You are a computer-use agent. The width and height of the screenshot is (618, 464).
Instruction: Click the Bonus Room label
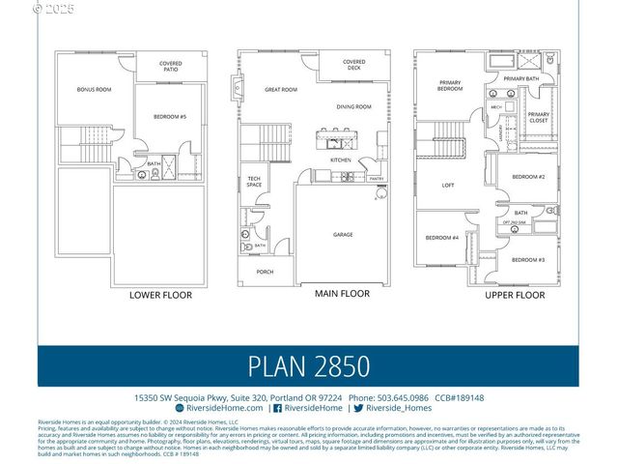click(x=95, y=90)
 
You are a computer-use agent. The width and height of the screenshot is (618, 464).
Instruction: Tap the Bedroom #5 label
click(x=170, y=117)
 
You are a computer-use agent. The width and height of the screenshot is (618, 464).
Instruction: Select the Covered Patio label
click(x=170, y=67)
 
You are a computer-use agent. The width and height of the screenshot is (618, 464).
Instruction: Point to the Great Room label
click(x=280, y=90)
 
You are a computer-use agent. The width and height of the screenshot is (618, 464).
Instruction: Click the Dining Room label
click(x=353, y=106)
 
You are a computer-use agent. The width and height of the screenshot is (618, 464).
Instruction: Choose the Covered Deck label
click(x=354, y=65)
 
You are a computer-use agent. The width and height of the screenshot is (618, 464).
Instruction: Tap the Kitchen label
click(x=341, y=159)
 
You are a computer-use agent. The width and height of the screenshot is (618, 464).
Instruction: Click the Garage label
click(x=343, y=234)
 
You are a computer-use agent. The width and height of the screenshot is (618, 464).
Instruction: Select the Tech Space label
click(x=254, y=181)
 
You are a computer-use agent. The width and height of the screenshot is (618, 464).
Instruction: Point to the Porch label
click(x=265, y=272)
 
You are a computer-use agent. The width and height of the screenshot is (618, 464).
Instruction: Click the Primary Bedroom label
click(x=450, y=85)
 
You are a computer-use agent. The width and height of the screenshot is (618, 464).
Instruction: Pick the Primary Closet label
click(x=538, y=118)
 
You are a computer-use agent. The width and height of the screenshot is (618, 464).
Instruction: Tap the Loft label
click(x=448, y=186)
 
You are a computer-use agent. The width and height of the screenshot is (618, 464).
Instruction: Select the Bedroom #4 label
click(x=441, y=238)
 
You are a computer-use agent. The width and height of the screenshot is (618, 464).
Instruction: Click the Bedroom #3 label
click(x=528, y=260)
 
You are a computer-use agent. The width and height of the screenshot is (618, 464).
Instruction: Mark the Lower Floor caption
click(x=160, y=295)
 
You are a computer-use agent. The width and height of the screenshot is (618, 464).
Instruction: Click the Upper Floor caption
click(x=515, y=295)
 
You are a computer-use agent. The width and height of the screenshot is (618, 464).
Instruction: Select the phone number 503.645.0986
click(x=402, y=397)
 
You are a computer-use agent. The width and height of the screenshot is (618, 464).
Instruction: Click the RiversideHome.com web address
click(x=225, y=408)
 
